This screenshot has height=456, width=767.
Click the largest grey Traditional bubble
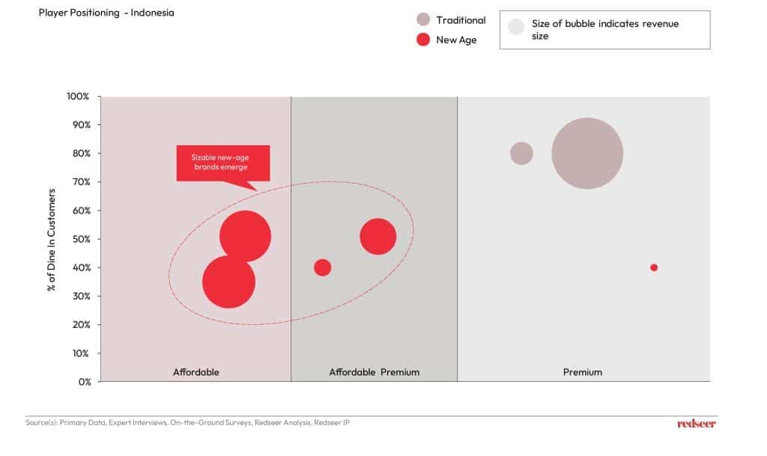(x=587, y=153)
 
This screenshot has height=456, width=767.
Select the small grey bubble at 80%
(x=521, y=153)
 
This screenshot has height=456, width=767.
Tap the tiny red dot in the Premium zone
(x=654, y=267)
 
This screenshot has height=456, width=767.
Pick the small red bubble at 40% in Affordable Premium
(x=322, y=267)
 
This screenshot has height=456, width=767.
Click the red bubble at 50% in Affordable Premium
(x=378, y=237)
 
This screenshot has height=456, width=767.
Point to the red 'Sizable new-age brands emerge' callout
(x=223, y=163)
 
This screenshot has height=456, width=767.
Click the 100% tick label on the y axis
(x=78, y=97)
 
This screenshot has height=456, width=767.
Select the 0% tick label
(x=85, y=382)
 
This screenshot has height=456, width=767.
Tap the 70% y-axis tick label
(x=81, y=182)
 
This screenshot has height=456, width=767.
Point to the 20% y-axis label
(x=81, y=324)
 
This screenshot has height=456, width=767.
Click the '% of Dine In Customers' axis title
(x=52, y=240)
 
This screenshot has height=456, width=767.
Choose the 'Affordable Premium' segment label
(x=375, y=372)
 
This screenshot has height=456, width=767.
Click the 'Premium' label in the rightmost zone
(x=583, y=372)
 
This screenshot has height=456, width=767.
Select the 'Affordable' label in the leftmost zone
(x=195, y=372)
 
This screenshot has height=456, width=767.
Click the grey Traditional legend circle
(x=423, y=19)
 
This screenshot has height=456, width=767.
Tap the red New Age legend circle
(x=423, y=40)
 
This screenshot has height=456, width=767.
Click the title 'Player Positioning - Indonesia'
(x=106, y=13)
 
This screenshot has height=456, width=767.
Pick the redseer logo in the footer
(x=697, y=423)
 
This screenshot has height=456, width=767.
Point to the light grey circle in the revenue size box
(x=516, y=26)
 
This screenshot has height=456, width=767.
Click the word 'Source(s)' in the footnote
(x=41, y=422)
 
